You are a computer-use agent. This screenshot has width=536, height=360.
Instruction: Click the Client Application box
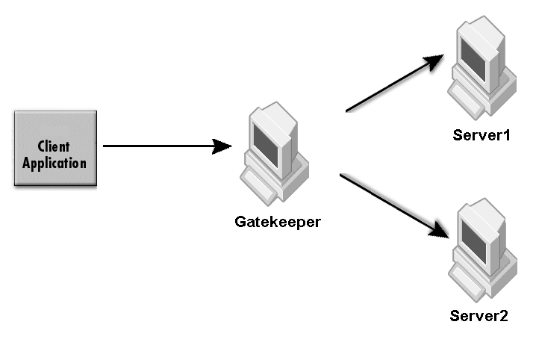pyautogui.click(x=54, y=149)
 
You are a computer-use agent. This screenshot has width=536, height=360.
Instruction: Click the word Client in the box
pyautogui.click(x=54, y=147)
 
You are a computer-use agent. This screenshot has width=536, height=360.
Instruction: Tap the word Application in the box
pyautogui.click(x=54, y=162)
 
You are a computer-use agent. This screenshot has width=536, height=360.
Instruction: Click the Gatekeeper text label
pyautogui.click(x=278, y=222)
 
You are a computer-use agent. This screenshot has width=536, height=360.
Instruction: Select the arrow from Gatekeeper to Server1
pyautogui.click(x=392, y=85)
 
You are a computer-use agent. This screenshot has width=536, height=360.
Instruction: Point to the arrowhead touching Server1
pyautogui.click(x=436, y=62)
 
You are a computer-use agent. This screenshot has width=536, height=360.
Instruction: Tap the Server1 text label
pyautogui.click(x=480, y=136)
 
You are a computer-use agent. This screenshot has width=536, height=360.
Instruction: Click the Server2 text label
pyautogui.click(x=479, y=316)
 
